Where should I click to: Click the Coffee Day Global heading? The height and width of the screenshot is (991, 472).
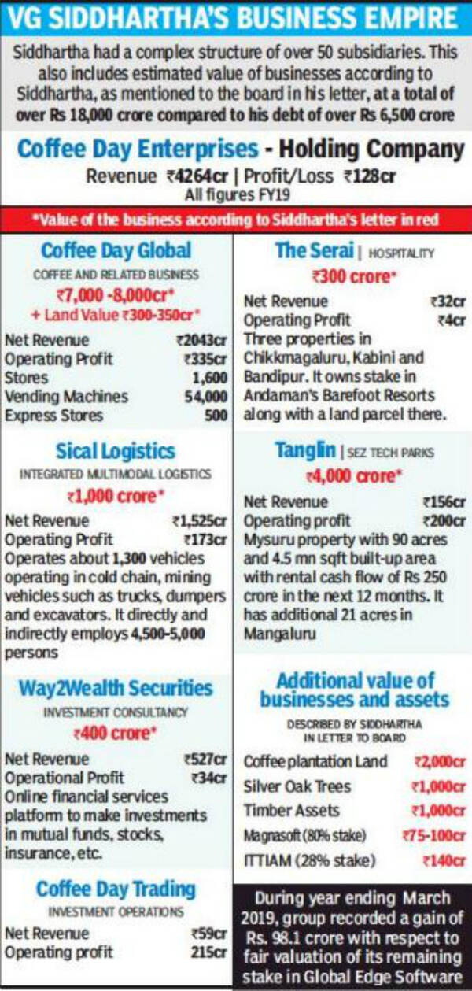coord(116,251)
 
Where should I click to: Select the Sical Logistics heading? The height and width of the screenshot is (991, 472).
coord(116,451)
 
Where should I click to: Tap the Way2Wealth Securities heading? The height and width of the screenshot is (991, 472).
coord(116,689)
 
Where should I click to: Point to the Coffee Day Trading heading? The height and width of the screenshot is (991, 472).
coord(116,889)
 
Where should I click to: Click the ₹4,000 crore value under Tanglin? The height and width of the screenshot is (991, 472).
coord(352,477)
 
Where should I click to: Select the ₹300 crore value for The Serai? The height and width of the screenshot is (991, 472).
coord(352,277)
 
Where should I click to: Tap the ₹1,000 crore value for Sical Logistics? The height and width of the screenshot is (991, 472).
coord(116,497)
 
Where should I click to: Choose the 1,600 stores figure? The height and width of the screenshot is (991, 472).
coord(209,377)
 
